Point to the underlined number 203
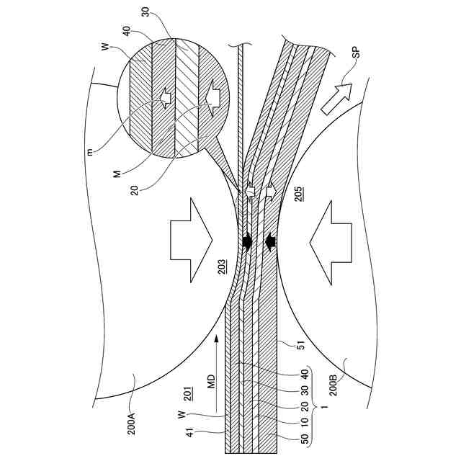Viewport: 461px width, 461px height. tap(223, 267)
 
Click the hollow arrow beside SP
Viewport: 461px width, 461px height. tap(336, 97)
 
